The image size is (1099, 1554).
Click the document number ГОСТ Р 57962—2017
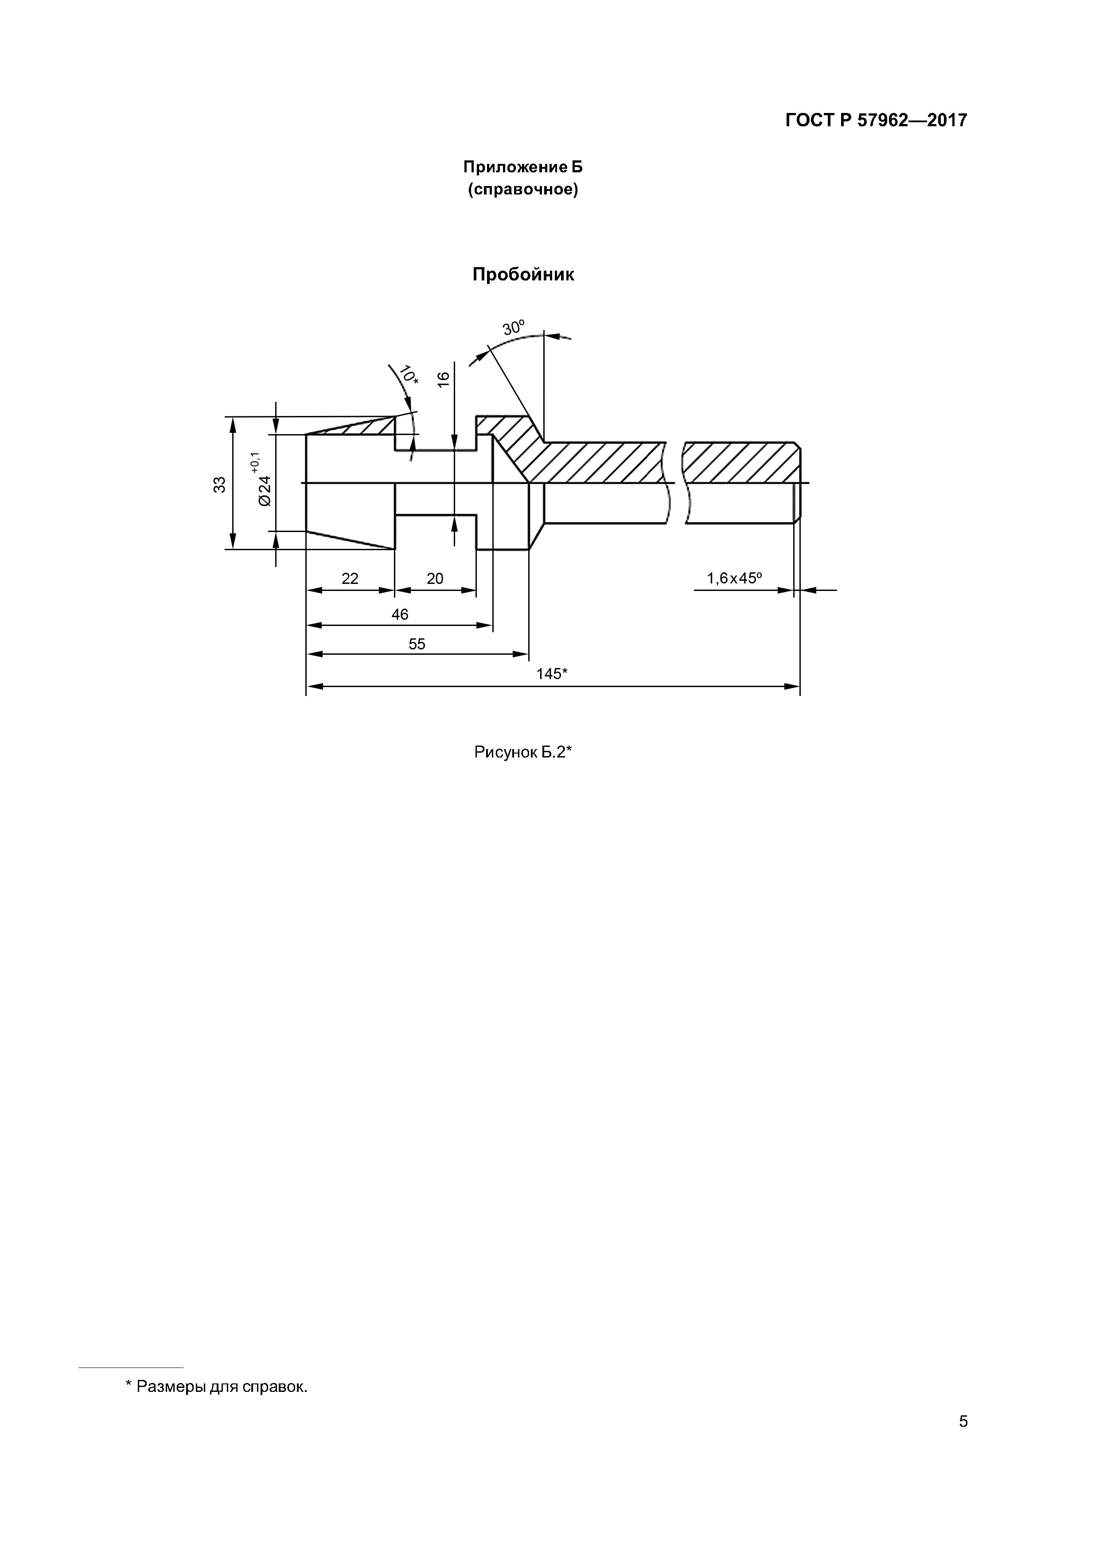(876, 120)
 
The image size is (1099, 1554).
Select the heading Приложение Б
(522, 167)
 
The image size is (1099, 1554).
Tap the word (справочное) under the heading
(522, 190)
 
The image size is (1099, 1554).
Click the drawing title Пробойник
(523, 275)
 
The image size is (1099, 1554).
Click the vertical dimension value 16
(444, 379)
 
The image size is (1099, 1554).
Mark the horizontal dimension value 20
(435, 579)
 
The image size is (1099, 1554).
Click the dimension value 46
(400, 614)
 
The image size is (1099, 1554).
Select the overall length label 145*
(552, 674)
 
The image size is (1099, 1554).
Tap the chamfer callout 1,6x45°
(734, 579)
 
